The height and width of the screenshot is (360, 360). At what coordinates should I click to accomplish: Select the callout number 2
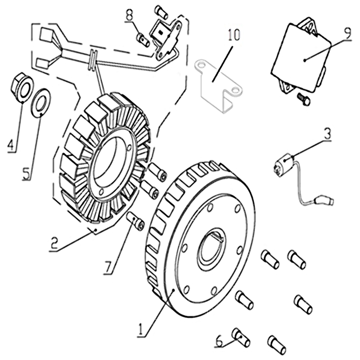[x=54, y=243]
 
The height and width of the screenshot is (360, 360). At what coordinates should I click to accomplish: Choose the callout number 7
[x=108, y=267]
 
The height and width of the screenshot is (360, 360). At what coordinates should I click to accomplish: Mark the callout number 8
[x=129, y=15]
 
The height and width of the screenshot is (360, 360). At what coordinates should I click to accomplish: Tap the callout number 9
[x=347, y=34]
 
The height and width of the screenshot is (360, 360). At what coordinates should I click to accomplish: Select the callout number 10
[x=234, y=35]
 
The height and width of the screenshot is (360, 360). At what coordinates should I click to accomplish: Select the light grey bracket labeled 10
[x=218, y=85]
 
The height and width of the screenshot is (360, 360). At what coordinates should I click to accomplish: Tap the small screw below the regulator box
[x=303, y=99]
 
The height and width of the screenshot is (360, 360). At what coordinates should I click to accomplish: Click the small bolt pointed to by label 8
[x=144, y=40]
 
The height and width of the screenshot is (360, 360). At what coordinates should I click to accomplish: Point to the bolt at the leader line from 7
[x=135, y=221]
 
